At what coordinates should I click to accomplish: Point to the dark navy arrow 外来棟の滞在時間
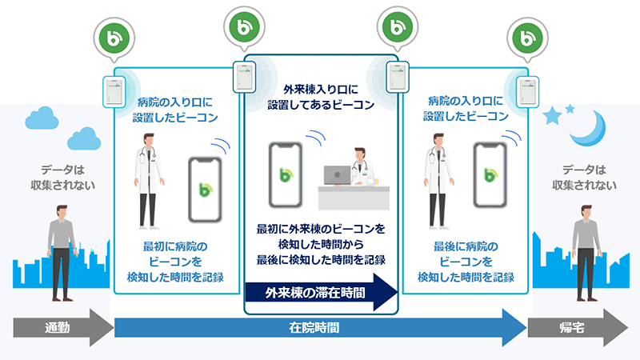coord(320,292)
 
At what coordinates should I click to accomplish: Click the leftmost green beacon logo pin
coord(111,35)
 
